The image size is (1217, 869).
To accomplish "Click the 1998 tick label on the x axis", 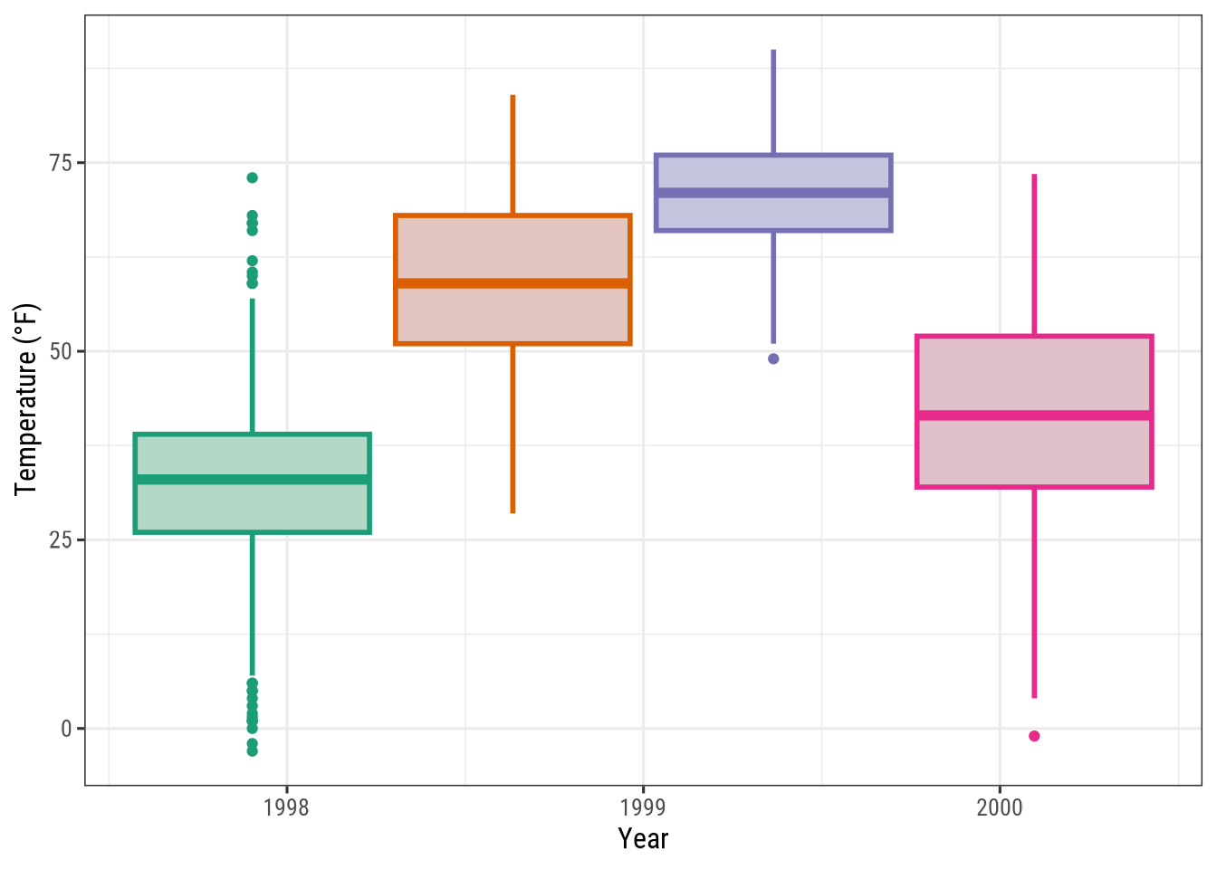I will tap(286, 807).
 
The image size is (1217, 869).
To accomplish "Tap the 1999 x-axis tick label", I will tap(643, 807).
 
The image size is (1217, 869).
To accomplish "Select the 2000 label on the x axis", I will tap(1000, 807).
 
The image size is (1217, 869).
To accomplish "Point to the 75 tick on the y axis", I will tap(62, 163).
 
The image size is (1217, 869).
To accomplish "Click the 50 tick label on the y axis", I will tap(62, 351).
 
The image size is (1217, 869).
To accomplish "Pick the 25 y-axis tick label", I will tap(62, 540).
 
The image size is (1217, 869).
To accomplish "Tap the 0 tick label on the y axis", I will tap(66, 729).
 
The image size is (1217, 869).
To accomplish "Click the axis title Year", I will tap(643, 839).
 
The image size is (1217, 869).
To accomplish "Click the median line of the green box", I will tap(252, 480).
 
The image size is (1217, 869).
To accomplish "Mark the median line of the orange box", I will tap(513, 283).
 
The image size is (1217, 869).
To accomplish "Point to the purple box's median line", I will tap(773, 193).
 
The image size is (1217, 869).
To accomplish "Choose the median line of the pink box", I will tap(1034, 415).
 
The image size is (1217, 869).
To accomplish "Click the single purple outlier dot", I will tap(773, 358).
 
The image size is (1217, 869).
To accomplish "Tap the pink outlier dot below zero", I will tap(1034, 736).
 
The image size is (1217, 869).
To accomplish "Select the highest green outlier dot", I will tap(252, 177).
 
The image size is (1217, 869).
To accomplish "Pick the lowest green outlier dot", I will tap(252, 750).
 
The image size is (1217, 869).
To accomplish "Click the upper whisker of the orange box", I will tap(513, 154).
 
